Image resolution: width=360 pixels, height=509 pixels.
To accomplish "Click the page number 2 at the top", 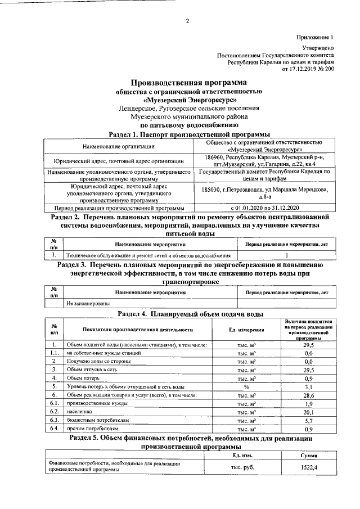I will [187, 21].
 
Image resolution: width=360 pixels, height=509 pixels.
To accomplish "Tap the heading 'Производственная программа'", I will [188, 83].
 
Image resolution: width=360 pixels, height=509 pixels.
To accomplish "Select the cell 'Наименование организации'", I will [119, 146].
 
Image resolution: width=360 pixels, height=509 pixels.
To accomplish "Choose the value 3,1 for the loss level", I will [308, 387].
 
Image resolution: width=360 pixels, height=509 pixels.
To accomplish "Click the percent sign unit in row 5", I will [246, 387].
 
